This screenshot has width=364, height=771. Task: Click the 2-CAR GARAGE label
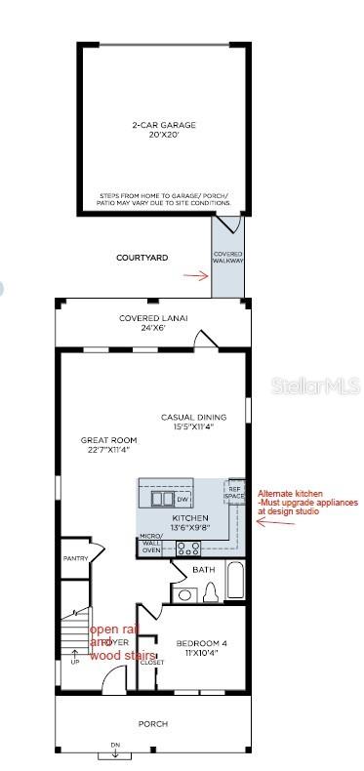coord(164,130)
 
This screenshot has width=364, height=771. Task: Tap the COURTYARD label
coord(143,258)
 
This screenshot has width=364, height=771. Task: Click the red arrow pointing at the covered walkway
coord(196,276)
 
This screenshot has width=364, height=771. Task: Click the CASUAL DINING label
coord(187,422)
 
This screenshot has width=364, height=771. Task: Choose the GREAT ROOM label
coord(107,445)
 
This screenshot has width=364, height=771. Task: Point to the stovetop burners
coord(187,548)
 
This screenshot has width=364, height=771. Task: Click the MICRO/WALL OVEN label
coord(151,544)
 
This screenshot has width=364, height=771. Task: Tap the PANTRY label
coord(75,558)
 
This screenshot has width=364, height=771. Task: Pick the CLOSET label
coord(151,663)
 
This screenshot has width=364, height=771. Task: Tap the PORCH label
coord(153,723)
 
